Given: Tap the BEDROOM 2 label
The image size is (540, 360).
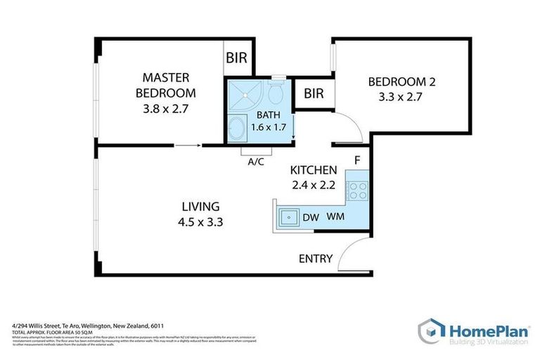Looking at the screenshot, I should [403, 82].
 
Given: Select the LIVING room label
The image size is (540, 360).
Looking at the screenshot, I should [201, 207].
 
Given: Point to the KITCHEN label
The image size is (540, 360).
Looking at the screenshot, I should [314, 170].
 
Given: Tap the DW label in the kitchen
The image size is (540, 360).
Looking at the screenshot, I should [311, 218].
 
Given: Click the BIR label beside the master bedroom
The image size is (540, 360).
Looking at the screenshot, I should [237, 58].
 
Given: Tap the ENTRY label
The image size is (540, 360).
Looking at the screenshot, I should [315, 259].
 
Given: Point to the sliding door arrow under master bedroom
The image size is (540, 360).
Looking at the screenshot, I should [186, 146].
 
